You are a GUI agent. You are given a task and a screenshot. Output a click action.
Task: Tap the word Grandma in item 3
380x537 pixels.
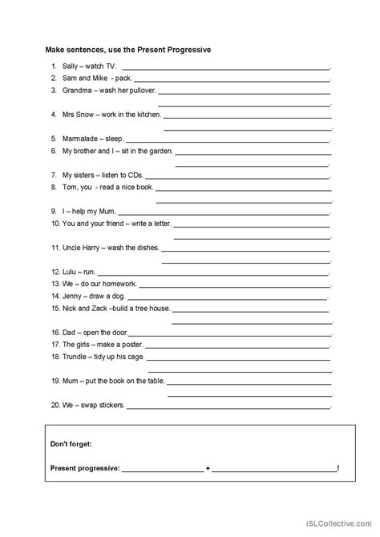[x=76, y=91]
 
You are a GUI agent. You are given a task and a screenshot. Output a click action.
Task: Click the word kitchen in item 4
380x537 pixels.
[x=144, y=115]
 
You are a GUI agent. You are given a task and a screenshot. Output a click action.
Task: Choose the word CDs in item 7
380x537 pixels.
[x=132, y=174]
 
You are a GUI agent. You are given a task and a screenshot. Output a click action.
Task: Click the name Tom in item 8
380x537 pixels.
[x=68, y=186]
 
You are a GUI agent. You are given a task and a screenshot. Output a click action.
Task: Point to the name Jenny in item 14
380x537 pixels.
[x=72, y=296]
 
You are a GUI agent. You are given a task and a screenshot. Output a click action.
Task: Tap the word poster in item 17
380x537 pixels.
[x=128, y=343]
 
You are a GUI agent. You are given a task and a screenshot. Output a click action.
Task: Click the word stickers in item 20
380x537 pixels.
[x=109, y=404]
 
